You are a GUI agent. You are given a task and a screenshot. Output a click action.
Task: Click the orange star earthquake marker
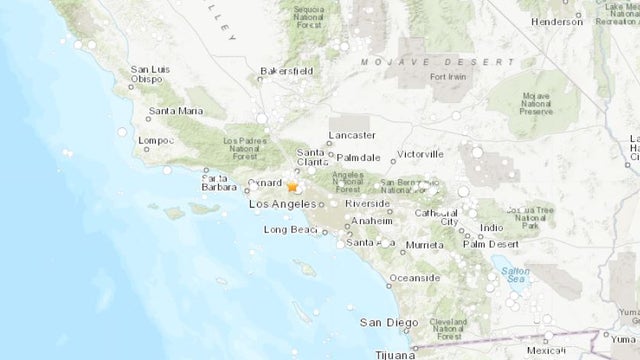292,186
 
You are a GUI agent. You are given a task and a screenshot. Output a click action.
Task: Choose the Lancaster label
352,135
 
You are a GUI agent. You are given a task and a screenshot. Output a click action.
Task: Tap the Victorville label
420,155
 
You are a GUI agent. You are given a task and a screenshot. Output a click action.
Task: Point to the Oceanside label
414,279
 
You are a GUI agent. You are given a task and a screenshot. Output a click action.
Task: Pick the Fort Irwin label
449,77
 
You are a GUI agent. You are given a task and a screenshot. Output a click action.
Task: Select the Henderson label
557,21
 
